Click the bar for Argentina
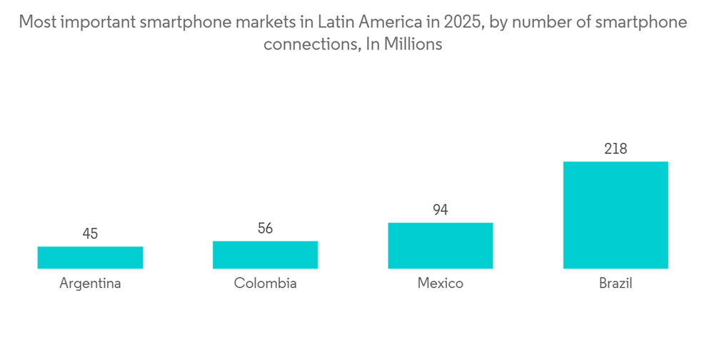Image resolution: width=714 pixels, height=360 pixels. tap(90, 257)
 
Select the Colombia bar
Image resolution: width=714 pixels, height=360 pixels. tap(265, 254)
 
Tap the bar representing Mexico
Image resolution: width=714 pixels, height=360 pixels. tap(441, 246)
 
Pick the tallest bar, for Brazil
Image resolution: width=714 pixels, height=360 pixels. tap(615, 215)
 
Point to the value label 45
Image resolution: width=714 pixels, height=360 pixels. tap(90, 234)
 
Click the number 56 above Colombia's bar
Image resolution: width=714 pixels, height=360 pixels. tap(265, 229)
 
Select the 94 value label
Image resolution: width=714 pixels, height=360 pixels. tap(441, 210)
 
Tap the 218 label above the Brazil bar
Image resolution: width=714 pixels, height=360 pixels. tap(615, 149)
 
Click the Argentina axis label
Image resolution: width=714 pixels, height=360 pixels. tap(90, 283)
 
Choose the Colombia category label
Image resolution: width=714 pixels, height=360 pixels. tap(265, 283)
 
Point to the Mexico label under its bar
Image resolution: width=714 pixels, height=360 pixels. tap(441, 283)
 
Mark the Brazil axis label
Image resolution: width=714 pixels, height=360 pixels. tap(615, 283)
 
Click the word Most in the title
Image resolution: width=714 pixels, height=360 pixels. tap(36, 22)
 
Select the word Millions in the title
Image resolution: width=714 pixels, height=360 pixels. tap(413, 44)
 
